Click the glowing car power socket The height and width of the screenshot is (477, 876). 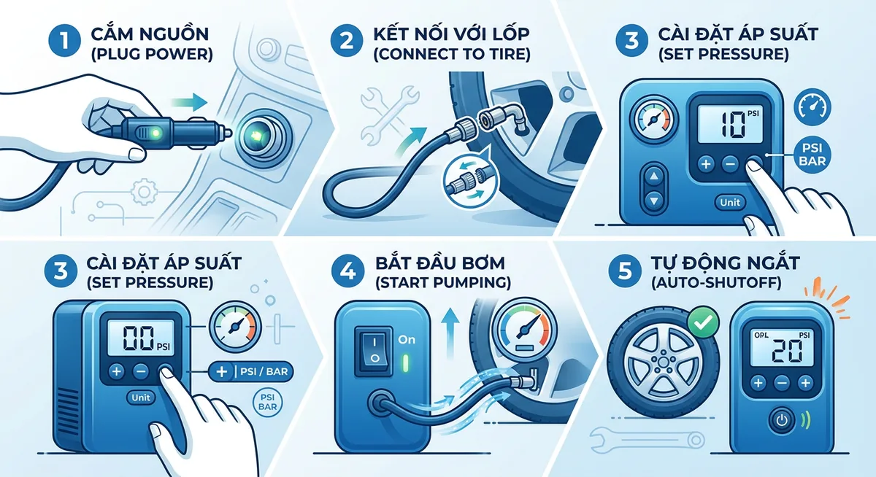pos(256,135)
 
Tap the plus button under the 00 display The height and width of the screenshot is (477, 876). pos(116,372)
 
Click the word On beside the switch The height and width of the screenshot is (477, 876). pos(407,340)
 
